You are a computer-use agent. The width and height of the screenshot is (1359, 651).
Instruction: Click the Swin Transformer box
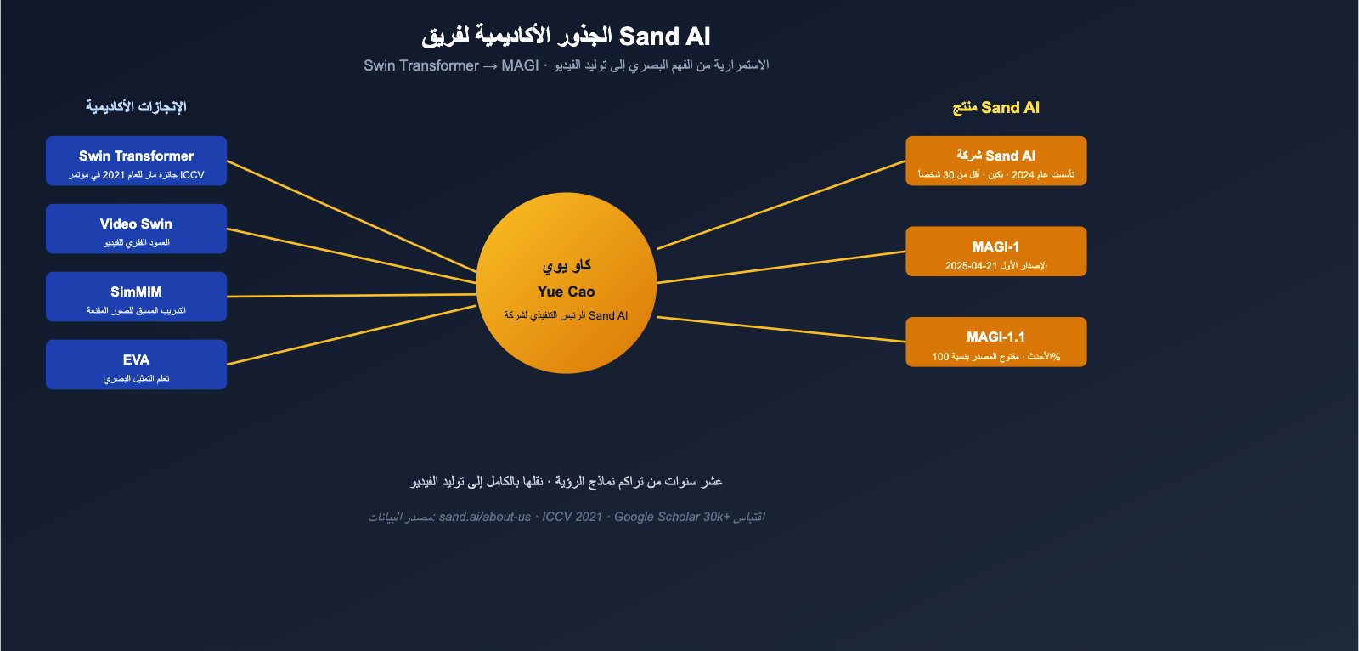[136, 161]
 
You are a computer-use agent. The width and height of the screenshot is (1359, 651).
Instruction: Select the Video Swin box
[136, 229]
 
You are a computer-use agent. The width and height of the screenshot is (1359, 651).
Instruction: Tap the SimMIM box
[136, 297]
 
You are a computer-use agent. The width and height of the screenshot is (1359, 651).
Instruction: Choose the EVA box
[136, 365]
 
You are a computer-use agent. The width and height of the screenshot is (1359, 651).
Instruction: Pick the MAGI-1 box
[995, 252]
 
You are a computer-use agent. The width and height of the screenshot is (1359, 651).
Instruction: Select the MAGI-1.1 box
[995, 342]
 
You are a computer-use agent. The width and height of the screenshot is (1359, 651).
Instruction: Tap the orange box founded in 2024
[995, 161]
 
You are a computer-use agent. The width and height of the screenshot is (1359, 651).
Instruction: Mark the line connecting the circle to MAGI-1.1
[781, 330]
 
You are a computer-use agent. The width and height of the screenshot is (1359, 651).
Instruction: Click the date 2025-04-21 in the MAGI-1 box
[971, 266]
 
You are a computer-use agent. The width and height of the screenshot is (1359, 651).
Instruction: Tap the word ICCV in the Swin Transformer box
[192, 175]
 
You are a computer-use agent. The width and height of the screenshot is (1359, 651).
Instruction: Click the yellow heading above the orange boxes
[995, 108]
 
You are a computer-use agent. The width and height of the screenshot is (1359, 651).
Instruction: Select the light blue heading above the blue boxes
[136, 107]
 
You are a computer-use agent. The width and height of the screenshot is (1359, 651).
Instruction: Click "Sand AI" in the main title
[664, 37]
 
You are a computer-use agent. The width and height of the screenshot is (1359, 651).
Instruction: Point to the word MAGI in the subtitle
[520, 65]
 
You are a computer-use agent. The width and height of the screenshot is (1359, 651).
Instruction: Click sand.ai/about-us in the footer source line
[485, 517]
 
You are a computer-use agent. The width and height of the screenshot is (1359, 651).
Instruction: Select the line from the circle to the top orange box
[781, 205]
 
